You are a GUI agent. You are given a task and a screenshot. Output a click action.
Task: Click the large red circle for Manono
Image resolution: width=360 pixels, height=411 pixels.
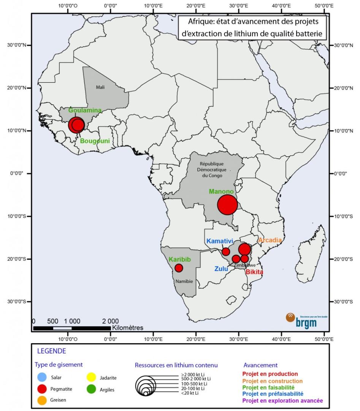[227, 205]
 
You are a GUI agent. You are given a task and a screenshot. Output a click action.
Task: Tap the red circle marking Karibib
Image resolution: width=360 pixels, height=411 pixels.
[179, 268]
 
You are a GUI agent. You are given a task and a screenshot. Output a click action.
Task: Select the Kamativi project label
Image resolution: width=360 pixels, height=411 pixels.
[219, 241]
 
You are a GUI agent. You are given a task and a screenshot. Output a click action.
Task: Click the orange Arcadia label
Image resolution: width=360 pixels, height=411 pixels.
[270, 240]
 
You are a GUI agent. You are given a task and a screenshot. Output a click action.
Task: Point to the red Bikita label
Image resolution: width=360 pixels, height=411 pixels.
[254, 272]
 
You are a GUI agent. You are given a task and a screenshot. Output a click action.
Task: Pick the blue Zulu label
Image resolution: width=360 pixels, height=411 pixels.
[221, 269]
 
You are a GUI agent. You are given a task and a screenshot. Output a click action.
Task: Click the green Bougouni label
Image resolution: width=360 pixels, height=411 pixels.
[95, 141]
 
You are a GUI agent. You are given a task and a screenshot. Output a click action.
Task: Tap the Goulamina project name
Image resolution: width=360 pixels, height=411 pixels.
[85, 110]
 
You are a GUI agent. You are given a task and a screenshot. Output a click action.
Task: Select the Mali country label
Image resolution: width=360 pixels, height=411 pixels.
[100, 87]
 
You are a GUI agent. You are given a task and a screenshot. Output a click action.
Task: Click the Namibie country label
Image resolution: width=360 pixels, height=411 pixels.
[184, 281]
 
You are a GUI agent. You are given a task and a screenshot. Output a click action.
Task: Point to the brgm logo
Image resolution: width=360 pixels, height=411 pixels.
[302, 320]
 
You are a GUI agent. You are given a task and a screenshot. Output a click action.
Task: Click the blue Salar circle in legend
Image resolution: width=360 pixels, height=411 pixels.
[42, 378]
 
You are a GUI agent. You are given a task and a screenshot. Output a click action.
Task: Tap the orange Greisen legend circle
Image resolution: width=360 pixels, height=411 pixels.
[42, 400]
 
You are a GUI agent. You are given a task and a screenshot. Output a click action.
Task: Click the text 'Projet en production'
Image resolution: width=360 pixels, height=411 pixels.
[271, 374]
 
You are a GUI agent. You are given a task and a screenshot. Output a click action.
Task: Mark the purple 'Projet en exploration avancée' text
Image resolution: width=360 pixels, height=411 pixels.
[283, 401]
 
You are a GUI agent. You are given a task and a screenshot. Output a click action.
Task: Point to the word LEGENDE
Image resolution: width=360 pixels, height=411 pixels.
[51, 351]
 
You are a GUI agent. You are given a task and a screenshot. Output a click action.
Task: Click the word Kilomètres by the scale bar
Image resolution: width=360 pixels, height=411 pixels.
[128, 327]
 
